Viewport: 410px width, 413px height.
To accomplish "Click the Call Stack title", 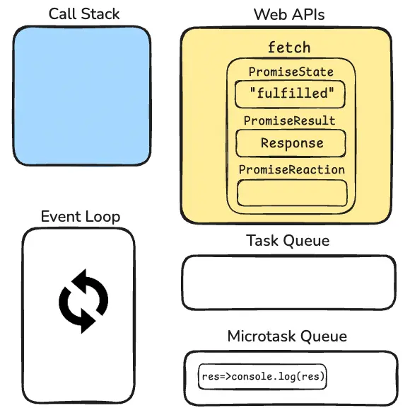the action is (84, 13).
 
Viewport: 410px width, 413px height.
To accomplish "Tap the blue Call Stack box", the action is (82, 96).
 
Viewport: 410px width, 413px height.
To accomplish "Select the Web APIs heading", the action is (289, 14).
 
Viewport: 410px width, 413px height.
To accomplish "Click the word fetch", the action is (289, 47).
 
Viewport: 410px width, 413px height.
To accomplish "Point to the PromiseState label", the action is (291, 72).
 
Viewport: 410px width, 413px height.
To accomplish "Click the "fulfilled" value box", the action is (290, 94).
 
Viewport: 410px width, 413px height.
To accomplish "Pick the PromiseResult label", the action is (289, 120).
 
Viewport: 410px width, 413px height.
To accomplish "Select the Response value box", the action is (291, 143).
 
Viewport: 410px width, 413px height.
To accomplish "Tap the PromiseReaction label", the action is (291, 169).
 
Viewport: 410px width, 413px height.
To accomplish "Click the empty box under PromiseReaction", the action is (292, 193).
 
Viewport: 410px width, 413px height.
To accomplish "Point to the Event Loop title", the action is (81, 217).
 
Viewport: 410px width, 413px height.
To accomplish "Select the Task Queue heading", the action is (288, 240).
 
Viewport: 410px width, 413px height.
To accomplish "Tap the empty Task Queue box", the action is (289, 283).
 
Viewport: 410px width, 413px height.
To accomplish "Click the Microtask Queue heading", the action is (287, 336).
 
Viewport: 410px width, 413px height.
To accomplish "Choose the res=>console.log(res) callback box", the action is (262, 377).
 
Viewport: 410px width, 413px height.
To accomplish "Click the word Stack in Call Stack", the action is (100, 13).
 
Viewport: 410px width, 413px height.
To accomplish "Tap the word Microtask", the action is (262, 336).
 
